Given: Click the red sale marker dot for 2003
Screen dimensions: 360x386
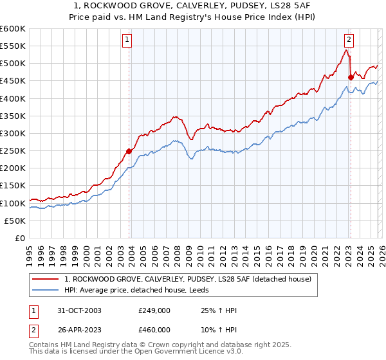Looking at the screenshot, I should click(129, 152).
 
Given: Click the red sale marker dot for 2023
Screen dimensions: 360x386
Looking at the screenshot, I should click(351, 78).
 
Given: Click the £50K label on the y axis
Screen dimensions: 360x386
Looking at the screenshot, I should click(15, 221).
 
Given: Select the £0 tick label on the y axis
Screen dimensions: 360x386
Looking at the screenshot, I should click(20, 238).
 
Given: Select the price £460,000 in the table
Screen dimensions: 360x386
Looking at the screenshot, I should click(154, 330).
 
